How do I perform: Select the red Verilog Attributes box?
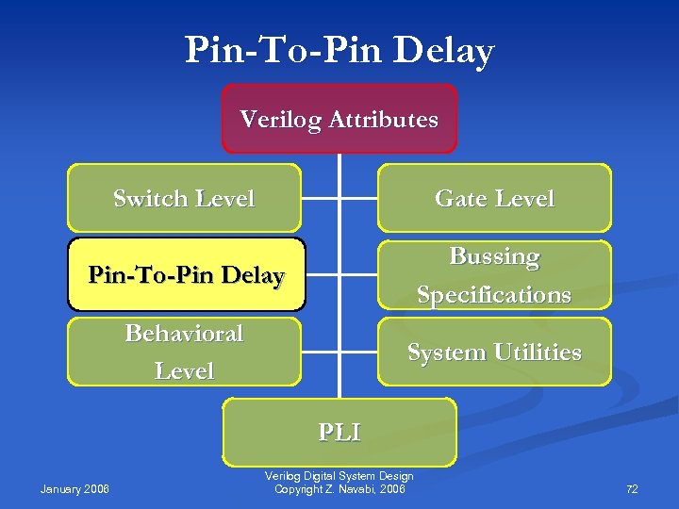click(339, 119)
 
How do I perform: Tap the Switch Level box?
click(184, 198)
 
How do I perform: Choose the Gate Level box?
click(494, 198)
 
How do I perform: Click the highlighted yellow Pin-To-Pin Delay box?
click(186, 275)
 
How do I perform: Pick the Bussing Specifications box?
click(494, 275)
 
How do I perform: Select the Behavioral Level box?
click(184, 352)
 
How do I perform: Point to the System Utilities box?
click(494, 352)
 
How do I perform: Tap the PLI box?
click(339, 432)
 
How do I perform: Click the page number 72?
click(632, 489)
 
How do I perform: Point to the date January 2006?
click(75, 489)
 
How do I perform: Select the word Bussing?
click(494, 256)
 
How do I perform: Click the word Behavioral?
click(184, 334)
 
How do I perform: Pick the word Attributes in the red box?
click(385, 120)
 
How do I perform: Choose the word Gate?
click(456, 199)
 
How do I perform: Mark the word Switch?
click(148, 199)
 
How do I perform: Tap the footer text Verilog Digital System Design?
click(339, 476)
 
